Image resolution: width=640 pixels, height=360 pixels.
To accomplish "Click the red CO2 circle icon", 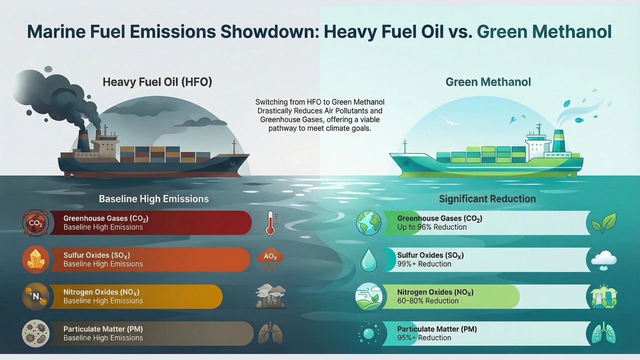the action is click(x=35, y=223).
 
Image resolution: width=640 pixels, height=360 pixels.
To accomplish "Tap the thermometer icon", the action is click(x=271, y=223).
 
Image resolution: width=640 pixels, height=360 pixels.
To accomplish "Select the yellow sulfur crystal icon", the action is click(x=35, y=259).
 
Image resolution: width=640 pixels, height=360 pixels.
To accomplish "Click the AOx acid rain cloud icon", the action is click(x=270, y=260).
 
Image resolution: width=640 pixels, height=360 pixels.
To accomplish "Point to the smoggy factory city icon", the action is click(x=270, y=296).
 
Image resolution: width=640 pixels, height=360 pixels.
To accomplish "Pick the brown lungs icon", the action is click(x=270, y=333).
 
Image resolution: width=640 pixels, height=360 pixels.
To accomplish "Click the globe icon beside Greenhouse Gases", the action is click(x=368, y=223).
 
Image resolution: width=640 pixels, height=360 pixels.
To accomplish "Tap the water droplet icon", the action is click(x=368, y=259).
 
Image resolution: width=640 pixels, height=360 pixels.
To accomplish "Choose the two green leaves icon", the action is click(x=603, y=223).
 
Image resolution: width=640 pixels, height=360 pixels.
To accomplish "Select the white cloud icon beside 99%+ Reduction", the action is click(x=603, y=260).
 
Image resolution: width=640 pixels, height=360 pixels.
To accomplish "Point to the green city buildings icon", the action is click(x=603, y=296).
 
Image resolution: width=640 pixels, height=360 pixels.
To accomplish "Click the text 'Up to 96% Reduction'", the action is click(x=431, y=227).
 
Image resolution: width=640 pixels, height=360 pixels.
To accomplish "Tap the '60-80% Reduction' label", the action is click(x=427, y=301).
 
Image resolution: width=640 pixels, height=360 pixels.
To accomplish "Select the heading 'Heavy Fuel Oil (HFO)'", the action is click(x=157, y=82).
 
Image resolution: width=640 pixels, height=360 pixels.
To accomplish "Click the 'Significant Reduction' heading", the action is click(x=487, y=199).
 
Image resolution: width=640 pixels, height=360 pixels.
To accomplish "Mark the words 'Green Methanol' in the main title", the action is click(x=544, y=31).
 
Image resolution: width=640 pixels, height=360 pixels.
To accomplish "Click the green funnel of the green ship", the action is click(x=558, y=141).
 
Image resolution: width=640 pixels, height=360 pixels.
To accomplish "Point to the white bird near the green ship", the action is click(x=449, y=121).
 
